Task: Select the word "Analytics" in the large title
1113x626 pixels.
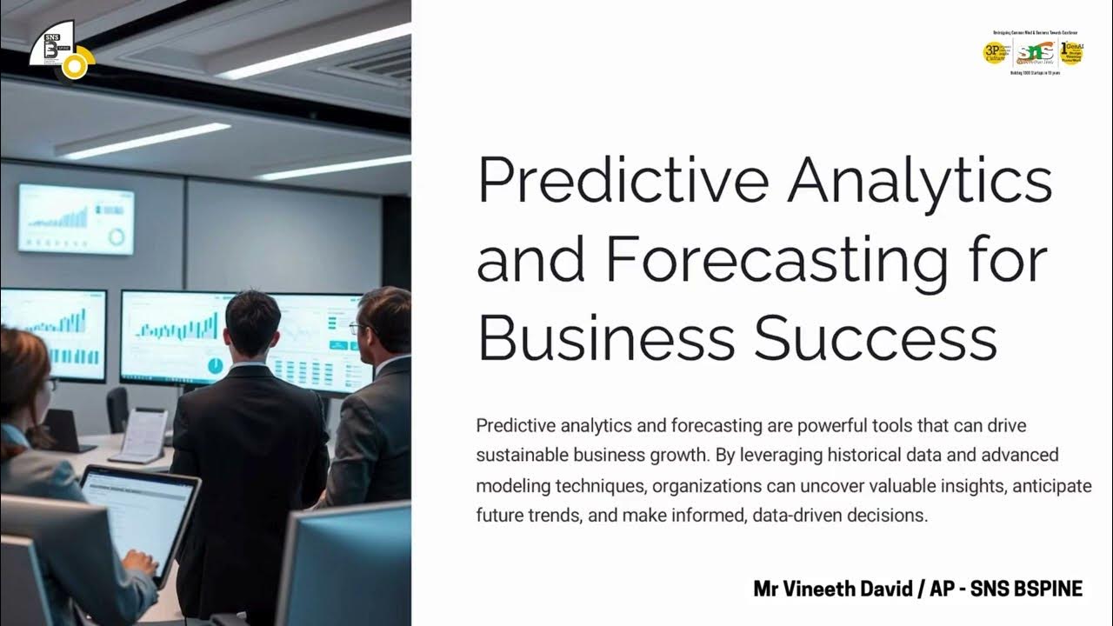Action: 920,180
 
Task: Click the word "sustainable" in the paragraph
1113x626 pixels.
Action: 518,455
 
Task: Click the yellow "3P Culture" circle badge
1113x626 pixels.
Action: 995,53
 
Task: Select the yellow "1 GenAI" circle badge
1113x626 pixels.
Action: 1071,53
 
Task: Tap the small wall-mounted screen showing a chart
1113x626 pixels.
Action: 77,218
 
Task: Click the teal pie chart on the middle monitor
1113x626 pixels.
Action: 214,365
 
